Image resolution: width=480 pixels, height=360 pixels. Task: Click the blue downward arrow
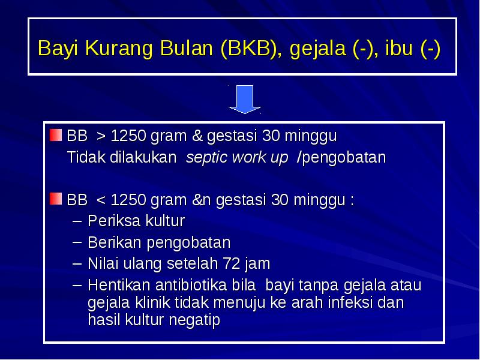coord(244,98)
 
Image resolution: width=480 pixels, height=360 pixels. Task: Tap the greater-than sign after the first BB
coord(101,136)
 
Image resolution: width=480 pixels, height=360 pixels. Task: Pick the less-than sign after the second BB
coord(101,199)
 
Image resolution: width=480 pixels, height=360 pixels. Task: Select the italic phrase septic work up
coord(237,158)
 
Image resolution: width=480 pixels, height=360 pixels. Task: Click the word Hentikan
coord(114,284)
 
